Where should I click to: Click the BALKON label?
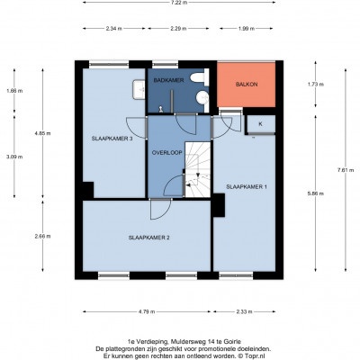(x=247, y=85)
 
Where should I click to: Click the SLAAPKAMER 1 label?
(x=247, y=186)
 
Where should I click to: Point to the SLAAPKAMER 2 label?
(x=149, y=238)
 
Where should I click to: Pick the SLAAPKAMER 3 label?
(x=112, y=139)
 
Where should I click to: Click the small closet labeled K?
(x=260, y=124)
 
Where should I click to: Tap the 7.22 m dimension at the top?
(x=178, y=3)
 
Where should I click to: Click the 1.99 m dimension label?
(x=247, y=29)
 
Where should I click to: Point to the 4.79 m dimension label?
(x=147, y=311)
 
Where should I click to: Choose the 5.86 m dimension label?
(x=316, y=193)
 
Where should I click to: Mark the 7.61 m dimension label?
(x=346, y=170)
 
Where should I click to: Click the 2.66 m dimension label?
(x=42, y=236)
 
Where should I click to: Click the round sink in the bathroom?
(x=203, y=98)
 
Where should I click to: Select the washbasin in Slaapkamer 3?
(x=139, y=89)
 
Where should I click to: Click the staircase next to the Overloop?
(x=197, y=169)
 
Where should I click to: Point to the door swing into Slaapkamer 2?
(x=161, y=209)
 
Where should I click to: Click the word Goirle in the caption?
(x=234, y=341)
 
